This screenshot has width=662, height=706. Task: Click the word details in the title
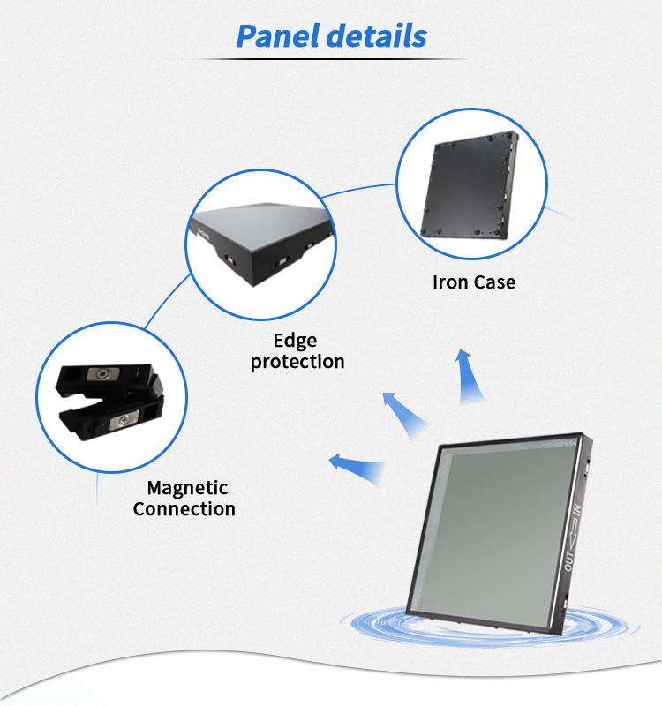376,36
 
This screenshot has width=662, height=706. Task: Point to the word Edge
295,341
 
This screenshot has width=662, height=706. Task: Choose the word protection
297,362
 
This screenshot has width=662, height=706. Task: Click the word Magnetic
187,488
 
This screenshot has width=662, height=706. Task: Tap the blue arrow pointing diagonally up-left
403,412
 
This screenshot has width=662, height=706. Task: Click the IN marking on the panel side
575,513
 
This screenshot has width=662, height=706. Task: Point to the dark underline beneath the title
330,59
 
